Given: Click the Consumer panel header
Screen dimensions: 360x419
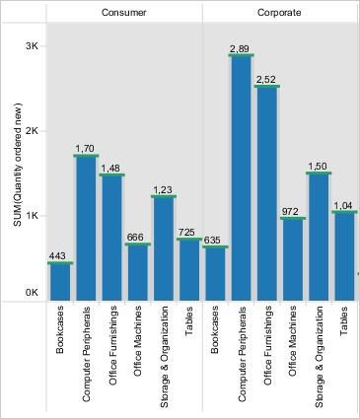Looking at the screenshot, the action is [123, 13].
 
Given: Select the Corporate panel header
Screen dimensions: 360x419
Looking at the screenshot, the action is [279, 13].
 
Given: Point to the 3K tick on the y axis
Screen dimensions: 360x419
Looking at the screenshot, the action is [33, 46].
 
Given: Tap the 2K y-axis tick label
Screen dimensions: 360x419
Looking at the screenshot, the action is [33, 131].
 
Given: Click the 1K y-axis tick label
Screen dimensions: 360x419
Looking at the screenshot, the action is [33, 216].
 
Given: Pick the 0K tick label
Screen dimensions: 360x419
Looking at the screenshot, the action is [33, 293].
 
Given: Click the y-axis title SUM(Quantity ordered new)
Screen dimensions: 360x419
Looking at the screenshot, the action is [18, 165].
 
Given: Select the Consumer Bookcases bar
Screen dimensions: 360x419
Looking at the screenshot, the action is [60, 282].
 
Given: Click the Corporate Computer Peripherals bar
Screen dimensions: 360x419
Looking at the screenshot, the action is [242, 177].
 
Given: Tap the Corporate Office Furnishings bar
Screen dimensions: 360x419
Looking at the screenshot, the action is [267, 193].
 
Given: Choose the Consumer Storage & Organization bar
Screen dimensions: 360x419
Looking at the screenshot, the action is [164, 248].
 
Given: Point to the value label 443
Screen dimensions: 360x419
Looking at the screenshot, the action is [57, 255].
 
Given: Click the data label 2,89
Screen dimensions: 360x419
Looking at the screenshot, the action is [240, 49].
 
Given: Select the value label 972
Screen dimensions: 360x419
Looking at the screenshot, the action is [290, 211].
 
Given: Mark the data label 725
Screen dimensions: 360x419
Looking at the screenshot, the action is [186, 233].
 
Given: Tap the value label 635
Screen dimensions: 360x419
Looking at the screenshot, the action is [212, 240].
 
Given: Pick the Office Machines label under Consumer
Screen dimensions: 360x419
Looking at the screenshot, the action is [138, 341].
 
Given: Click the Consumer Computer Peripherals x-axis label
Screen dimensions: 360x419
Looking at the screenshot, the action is [86, 354].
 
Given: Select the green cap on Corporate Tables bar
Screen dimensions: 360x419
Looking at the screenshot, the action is [344, 212].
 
